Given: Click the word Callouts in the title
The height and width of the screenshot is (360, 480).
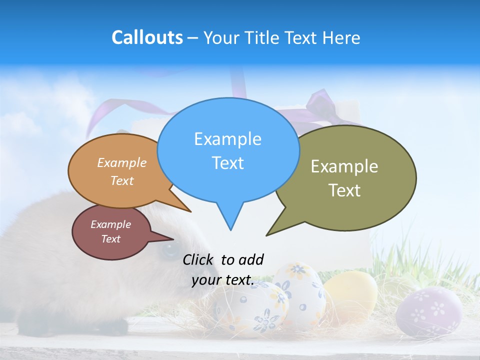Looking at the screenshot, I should (147, 37).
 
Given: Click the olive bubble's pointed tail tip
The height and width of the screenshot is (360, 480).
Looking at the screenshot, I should (267, 235).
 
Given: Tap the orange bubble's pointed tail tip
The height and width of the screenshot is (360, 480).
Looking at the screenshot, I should (190, 211).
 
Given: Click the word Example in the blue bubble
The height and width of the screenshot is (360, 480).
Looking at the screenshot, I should (227, 139).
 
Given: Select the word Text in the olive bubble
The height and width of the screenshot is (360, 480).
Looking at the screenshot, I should (344, 190).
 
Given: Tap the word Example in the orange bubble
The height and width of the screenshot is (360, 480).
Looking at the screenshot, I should (122, 163).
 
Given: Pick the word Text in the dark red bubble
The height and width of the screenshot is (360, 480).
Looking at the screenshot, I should (111, 239).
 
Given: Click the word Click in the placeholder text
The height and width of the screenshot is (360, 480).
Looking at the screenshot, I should (199, 259).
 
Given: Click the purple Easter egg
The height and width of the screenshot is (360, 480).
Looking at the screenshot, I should (428, 311).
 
